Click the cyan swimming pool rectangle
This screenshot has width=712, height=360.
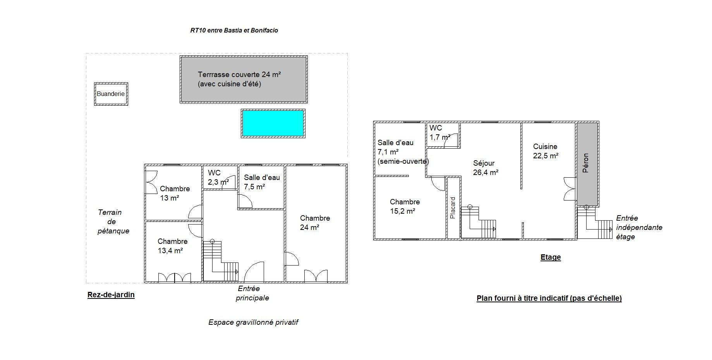coord(273,123)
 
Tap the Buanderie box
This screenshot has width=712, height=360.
coord(111,94)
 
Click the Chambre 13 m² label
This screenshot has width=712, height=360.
coord(175,194)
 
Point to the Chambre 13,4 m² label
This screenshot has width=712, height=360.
coord(173,246)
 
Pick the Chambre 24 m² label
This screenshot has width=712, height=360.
coord(315,223)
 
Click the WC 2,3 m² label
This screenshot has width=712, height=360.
coord(218,177)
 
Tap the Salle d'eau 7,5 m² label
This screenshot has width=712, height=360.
coord(262,182)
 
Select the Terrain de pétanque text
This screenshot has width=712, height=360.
coord(113,222)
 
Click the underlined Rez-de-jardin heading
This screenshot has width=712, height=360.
coord(111,295)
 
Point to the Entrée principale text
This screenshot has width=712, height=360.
coord(252,293)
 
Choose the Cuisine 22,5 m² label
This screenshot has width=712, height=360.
coord(546,151)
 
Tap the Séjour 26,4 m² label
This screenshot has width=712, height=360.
coord(486,168)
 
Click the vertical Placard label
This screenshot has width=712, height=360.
coord(453,208)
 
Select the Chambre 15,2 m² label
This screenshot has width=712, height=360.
coord(405,206)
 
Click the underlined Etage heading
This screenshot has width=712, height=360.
coord(551,257)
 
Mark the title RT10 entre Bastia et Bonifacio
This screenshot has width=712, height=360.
coord(234,30)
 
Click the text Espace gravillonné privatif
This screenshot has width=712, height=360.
coord(253,322)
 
